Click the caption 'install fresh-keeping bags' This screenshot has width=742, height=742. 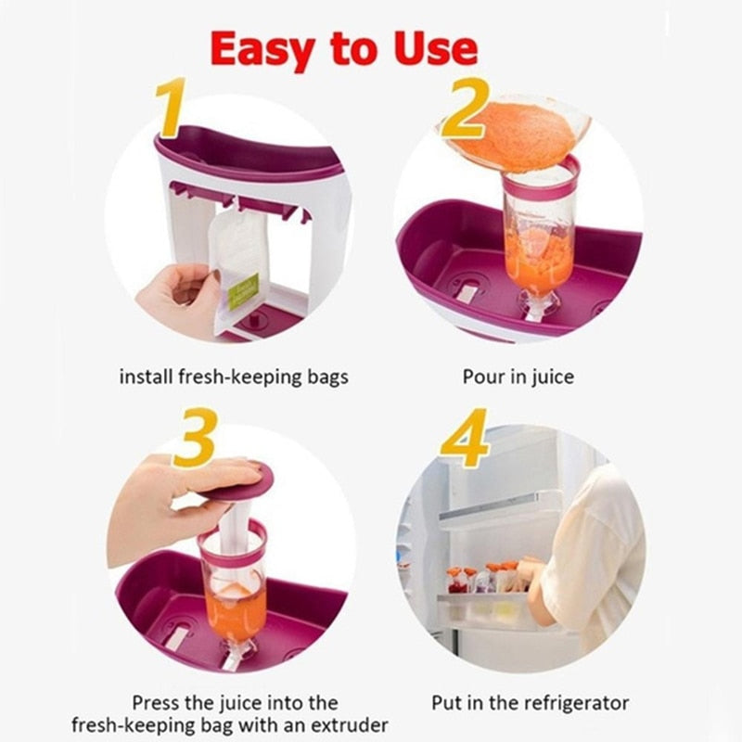point(234,377)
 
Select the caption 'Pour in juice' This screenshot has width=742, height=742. point(518,377)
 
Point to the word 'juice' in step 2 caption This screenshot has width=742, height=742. point(553,377)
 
